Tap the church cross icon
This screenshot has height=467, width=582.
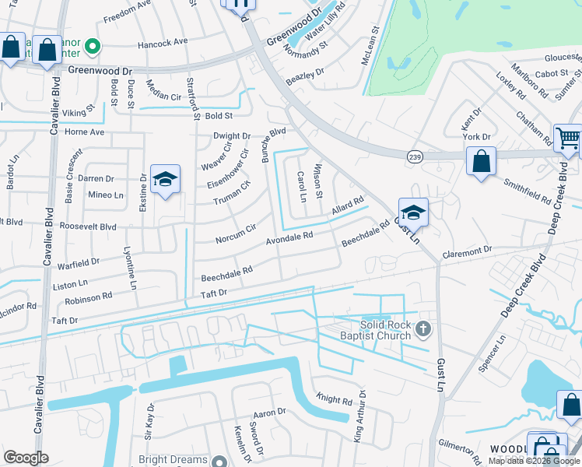click(423, 328)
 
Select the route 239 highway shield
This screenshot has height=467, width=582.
click(414, 156)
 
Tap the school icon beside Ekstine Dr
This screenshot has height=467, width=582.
click(165, 180)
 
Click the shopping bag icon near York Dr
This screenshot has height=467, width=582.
click(482, 162)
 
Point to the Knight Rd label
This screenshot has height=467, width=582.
click(335, 399)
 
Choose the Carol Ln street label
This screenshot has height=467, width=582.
click(301, 187)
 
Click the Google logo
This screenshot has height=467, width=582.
click(26, 458)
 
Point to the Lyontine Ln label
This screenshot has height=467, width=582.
click(131, 269)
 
